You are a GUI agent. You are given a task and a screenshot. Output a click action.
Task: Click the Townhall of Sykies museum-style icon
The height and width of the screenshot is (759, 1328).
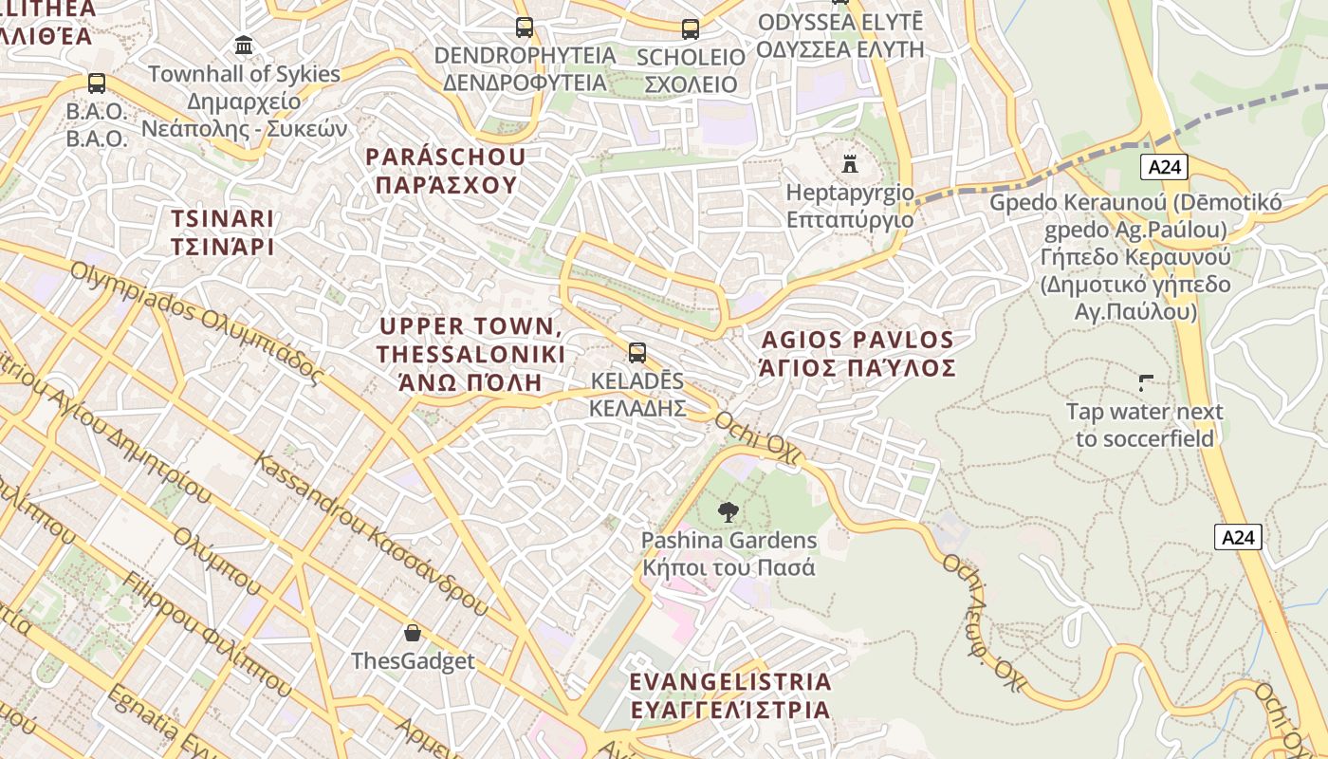coord(244,46)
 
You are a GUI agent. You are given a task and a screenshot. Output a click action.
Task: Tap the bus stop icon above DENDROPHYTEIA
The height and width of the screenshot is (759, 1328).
coord(525,28)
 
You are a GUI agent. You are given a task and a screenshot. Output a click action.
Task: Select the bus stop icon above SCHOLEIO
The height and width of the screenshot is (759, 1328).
coord(690,29)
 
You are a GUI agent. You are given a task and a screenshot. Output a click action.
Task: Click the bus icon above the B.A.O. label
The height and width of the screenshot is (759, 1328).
coord(96,83)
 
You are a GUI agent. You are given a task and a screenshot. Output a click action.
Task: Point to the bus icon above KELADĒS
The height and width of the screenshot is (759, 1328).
coord(637,353)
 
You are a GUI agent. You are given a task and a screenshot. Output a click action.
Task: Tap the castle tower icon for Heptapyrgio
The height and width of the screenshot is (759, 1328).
coord(850,164)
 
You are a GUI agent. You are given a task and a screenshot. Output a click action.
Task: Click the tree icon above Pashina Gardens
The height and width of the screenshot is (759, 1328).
coord(728,512)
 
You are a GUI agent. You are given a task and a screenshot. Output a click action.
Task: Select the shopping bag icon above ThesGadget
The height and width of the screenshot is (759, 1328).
coord(413,633)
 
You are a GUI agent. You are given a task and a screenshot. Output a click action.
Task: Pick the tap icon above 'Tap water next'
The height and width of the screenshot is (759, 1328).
coord(1146,383)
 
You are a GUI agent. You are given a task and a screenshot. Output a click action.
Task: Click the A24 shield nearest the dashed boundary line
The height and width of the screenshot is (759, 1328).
coord(1164,168)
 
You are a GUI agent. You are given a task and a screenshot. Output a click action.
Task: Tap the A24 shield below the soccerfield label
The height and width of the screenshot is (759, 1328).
coord(1238,538)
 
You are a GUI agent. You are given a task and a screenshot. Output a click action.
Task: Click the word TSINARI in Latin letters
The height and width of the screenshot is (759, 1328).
coord(223,218)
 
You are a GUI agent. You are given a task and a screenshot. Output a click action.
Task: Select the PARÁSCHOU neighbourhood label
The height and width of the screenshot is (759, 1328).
coord(446,157)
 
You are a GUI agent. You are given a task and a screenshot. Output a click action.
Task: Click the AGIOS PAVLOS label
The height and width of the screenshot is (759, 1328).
coord(858,340)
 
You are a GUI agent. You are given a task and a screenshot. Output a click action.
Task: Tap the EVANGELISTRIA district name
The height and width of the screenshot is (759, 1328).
coord(730,681)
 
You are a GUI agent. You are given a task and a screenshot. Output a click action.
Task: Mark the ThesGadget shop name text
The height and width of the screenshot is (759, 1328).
coord(413,661)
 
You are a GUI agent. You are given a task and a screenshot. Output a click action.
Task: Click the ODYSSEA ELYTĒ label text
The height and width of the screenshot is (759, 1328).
coord(840,22)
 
